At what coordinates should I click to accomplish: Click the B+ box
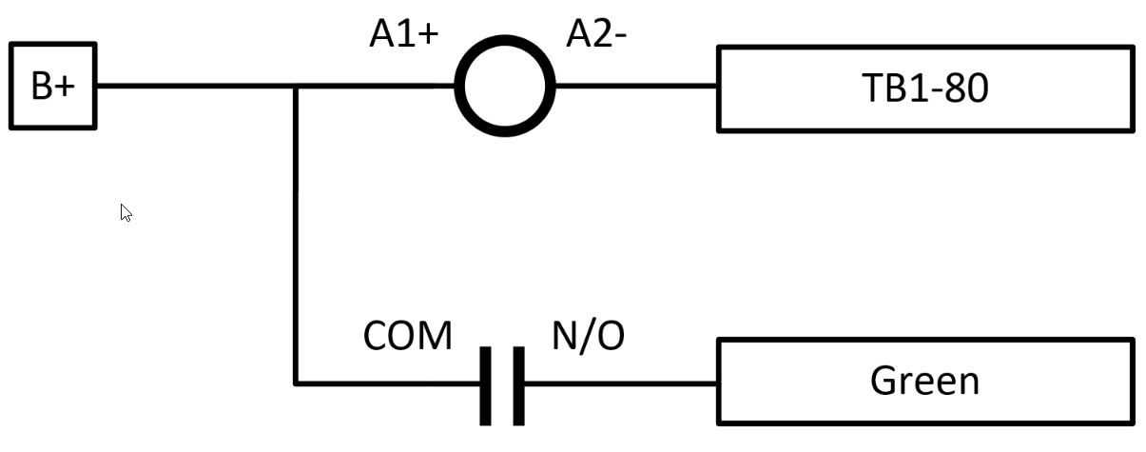pos(52,87)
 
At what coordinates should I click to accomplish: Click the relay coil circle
pos(504,87)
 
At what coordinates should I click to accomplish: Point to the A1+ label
pos(404,35)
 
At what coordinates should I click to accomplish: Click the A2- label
pos(597,35)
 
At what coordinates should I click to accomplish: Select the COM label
pos(408,336)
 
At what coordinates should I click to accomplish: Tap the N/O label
pos(588,336)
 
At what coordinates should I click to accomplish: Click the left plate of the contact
pos(486,385)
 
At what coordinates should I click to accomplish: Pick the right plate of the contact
pos(518,385)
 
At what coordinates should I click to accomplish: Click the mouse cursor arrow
pos(126,212)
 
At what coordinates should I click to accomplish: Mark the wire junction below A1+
pos(297,87)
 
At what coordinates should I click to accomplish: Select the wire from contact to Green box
pos(618,383)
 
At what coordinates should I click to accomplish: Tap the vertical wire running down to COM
pos(297,238)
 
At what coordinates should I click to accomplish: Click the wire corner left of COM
pos(297,383)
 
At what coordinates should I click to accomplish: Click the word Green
pos(924,381)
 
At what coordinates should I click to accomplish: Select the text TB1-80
pos(924,88)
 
